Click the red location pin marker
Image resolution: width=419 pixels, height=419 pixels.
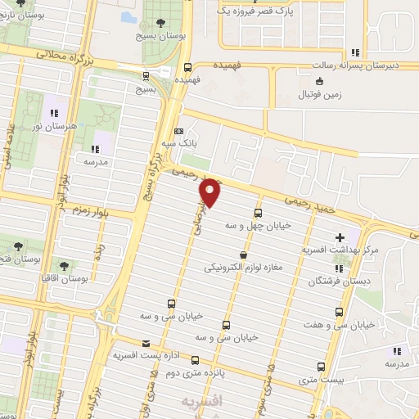click(x=210, y=193)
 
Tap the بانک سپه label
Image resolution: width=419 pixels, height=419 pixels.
click(x=180, y=142)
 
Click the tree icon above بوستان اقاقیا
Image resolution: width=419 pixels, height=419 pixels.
click(x=64, y=265)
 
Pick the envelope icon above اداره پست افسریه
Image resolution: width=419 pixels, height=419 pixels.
click(x=146, y=344)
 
